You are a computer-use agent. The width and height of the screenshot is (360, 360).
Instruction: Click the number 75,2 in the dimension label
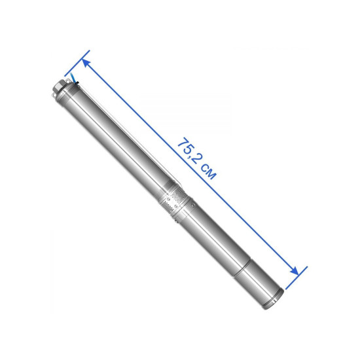[189, 151]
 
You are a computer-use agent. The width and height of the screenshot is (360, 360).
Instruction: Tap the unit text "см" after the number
[208, 171]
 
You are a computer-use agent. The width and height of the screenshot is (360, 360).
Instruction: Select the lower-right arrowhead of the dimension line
[294, 270]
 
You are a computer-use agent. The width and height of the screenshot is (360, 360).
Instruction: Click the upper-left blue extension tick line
[77, 63]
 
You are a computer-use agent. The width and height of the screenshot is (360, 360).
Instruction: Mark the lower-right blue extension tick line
[296, 278]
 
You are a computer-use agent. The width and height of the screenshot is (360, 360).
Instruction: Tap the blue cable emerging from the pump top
[73, 77]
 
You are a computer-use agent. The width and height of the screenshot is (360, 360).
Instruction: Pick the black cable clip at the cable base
[77, 82]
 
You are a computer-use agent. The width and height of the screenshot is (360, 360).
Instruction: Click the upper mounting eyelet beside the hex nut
[68, 81]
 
